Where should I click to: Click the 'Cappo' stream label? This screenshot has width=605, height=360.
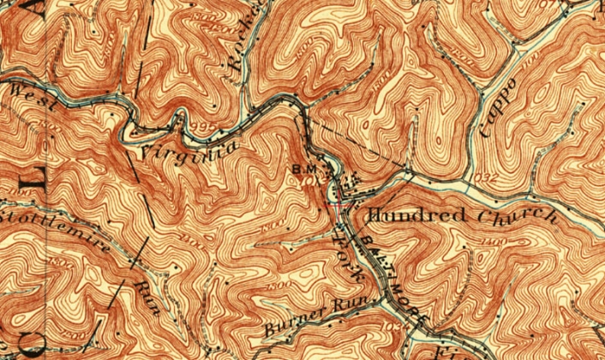(500, 107)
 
